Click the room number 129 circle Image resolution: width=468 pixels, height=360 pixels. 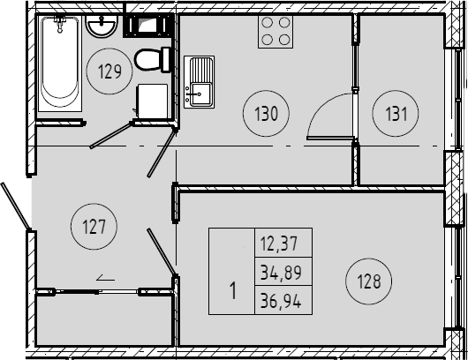109,49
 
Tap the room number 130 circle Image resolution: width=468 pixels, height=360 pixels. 267,91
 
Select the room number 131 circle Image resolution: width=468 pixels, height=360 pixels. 396,91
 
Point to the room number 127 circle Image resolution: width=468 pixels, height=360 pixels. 94,204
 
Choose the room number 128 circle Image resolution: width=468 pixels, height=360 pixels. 368,259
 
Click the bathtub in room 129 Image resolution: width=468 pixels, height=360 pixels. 60,64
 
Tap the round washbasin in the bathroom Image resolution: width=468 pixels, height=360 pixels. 102,26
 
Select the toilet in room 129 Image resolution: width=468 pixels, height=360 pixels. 153,60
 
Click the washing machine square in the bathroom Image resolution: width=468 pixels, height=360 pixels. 152,101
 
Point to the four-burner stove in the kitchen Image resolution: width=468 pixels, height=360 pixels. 276,31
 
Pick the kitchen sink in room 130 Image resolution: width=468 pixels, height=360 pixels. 199,82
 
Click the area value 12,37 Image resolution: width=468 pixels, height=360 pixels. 279,244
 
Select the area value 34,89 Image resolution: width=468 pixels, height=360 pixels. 281,273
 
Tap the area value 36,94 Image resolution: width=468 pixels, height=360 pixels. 281,300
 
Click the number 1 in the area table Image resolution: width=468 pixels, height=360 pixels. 233,290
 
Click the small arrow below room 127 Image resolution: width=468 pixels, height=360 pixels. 106,279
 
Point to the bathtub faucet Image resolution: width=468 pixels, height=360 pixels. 60,24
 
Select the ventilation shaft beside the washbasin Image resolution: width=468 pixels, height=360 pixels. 148,25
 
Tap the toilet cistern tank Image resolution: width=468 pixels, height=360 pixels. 166,60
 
